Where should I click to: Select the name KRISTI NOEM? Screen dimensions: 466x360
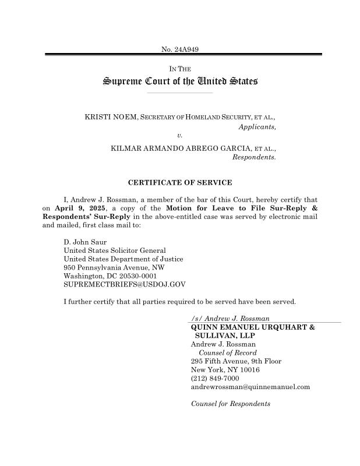[x=110, y=117]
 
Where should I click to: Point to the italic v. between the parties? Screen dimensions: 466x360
[x=180, y=135]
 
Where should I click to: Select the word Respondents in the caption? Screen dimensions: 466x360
[x=253, y=157]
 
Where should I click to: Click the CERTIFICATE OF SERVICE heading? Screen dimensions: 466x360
[x=179, y=183]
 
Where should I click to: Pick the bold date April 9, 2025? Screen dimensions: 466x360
[x=80, y=207]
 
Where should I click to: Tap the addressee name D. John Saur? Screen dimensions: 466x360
[x=85, y=242]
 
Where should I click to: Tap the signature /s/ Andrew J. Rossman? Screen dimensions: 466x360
[x=230, y=319]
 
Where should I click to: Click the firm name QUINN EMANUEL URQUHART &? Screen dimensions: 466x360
[x=253, y=327]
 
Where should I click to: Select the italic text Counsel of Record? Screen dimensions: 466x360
[x=227, y=353]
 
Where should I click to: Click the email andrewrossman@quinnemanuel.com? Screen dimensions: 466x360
[x=250, y=387]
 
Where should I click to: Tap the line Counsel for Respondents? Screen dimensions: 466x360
[x=231, y=404]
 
